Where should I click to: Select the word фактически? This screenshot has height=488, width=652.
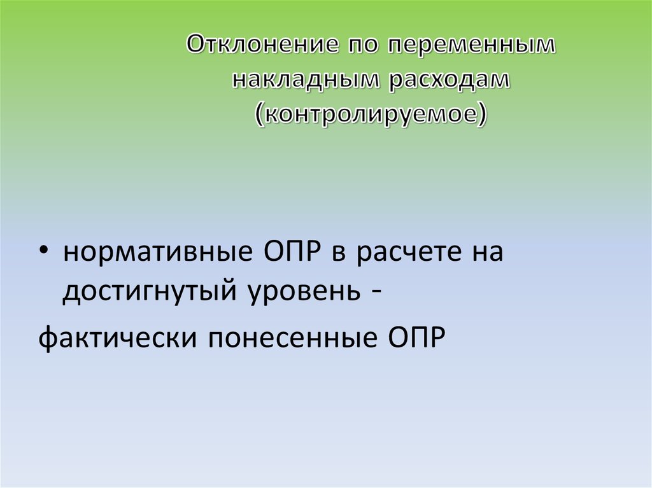(x=116, y=337)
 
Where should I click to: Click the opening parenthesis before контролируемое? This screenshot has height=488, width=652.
(x=260, y=114)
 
